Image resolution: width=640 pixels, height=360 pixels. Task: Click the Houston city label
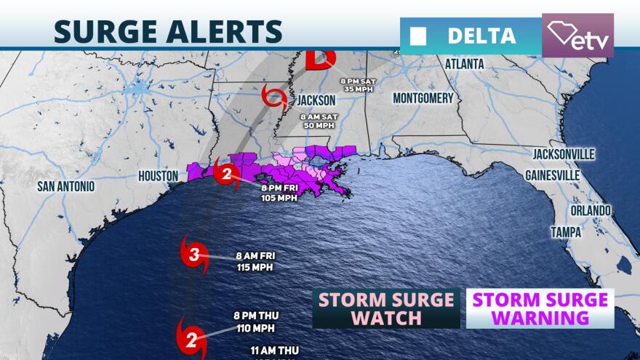pyautogui.click(x=158, y=175)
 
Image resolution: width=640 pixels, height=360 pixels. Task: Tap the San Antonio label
pyautogui.click(x=65, y=186)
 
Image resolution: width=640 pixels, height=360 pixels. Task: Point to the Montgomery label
pyautogui.click(x=423, y=98)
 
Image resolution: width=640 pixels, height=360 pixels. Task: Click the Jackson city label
pyautogui.click(x=316, y=100)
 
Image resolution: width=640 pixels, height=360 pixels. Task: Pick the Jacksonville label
pyautogui.click(x=564, y=154)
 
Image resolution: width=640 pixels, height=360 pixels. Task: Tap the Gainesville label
pyautogui.click(x=553, y=175)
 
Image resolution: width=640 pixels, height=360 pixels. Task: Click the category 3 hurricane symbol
pyautogui.click(x=194, y=255)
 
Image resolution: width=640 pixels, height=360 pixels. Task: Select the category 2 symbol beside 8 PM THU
pyautogui.click(x=190, y=335)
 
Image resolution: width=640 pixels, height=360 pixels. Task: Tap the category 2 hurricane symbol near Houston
pyautogui.click(x=227, y=175)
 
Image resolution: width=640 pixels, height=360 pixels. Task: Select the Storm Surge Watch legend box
pyautogui.click(x=386, y=308)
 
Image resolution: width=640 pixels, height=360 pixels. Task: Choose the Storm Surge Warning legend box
pyautogui.click(x=540, y=308)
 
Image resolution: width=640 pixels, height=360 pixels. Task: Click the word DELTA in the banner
pyautogui.click(x=481, y=35)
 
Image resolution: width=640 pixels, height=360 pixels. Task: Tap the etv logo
pyautogui.click(x=578, y=36)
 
